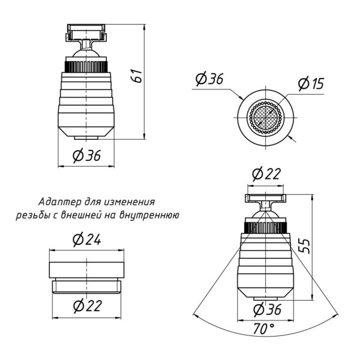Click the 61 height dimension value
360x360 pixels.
pyautogui.click(x=137, y=76)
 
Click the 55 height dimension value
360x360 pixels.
pyautogui.click(x=305, y=246)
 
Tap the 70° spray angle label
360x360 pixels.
pyautogui.click(x=264, y=329)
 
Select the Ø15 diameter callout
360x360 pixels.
pyautogui.click(x=311, y=83)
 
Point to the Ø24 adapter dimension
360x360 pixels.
pyautogui.click(x=87, y=239)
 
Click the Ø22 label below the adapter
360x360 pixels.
pyautogui.click(x=88, y=305)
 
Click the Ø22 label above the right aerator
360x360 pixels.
pyautogui.click(x=266, y=174)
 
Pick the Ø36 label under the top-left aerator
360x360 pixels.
pyautogui.click(x=86, y=155)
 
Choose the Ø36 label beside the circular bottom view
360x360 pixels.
pyautogui.click(x=209, y=79)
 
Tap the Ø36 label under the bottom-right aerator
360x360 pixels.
pyautogui.click(x=267, y=309)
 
